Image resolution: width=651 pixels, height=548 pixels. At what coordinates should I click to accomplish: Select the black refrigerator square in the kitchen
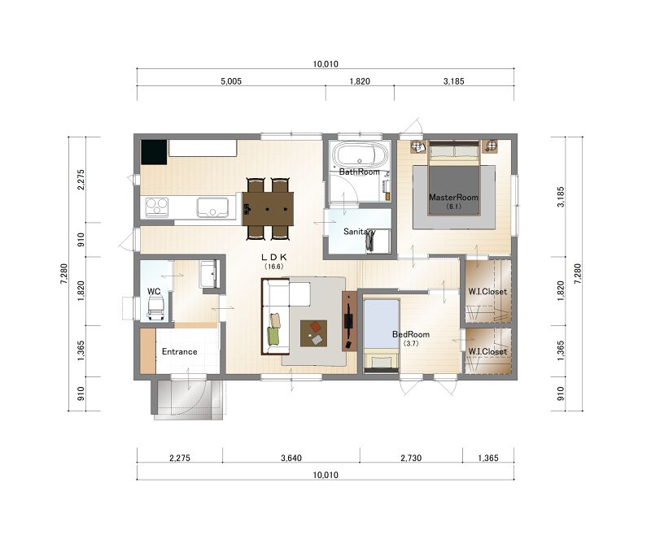(x=154, y=152)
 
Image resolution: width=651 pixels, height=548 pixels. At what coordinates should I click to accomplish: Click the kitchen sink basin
(x=212, y=207)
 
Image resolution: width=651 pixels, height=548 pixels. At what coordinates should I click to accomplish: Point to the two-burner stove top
(x=157, y=207)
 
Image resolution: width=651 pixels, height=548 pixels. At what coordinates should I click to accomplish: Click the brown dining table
(x=268, y=209)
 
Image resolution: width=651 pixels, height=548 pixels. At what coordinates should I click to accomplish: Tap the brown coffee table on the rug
(x=313, y=333)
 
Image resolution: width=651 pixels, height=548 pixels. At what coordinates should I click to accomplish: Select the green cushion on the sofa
(x=273, y=335)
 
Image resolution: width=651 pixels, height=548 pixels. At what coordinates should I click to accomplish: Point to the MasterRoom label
(x=453, y=198)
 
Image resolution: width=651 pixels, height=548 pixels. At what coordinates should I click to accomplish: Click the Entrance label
(x=179, y=352)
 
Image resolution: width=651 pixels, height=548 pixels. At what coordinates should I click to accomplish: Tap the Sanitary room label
(x=359, y=232)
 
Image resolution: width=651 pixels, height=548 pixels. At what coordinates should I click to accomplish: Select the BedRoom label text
(x=411, y=334)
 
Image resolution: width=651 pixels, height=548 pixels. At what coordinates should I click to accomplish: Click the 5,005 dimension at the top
(x=231, y=81)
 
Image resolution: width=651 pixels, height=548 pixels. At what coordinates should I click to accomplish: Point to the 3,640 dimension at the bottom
(x=291, y=458)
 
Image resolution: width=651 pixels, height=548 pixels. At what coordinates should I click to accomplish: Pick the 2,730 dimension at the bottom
(x=411, y=458)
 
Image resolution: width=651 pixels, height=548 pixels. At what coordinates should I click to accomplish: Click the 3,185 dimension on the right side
(x=561, y=197)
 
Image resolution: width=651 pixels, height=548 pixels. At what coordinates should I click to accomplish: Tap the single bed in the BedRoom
(x=382, y=334)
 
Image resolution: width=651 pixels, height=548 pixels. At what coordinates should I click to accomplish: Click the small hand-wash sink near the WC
(x=208, y=274)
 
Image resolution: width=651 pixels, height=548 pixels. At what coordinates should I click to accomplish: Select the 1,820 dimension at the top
(x=360, y=81)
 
